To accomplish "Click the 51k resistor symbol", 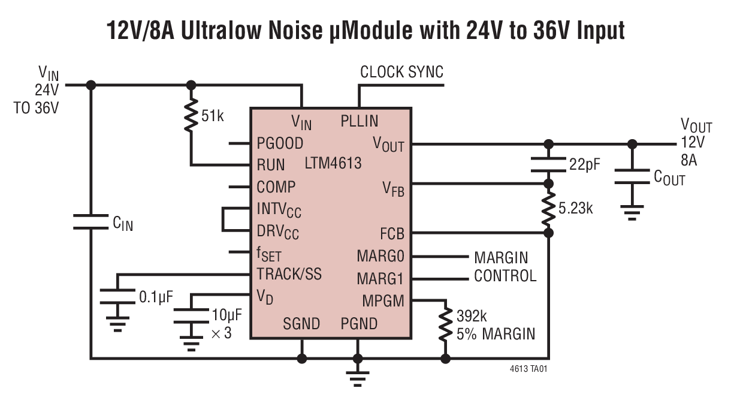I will click(191, 116).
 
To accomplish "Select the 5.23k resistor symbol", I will click(548, 207).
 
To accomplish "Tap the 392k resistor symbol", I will click(445, 324).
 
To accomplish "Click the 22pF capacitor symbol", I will click(548, 163).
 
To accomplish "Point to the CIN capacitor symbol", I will click(91, 222).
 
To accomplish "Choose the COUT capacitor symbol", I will click(632, 176).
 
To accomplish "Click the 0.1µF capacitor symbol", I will click(118, 296).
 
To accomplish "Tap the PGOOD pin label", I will click(280, 144).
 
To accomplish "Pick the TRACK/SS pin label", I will click(289, 274).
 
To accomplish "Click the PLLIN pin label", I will click(359, 121).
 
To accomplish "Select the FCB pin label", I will click(392, 233).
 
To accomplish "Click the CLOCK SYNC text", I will click(401, 73).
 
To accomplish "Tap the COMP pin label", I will click(276, 187).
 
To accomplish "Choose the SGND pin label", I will click(301, 324).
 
